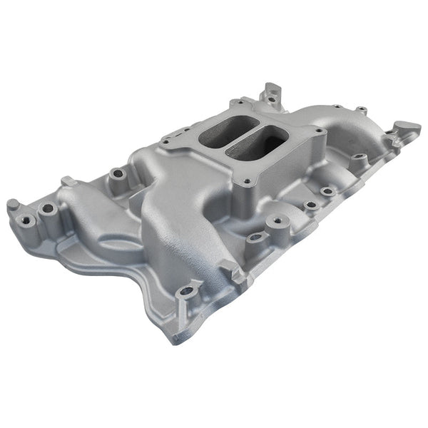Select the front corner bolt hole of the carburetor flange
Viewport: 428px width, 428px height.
coord(246,182)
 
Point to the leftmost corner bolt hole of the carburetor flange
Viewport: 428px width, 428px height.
coord(166,141)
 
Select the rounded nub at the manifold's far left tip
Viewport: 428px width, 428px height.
coord(12,205)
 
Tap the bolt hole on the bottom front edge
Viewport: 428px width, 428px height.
coord(188,291)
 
